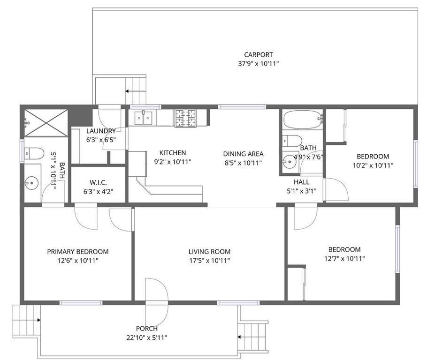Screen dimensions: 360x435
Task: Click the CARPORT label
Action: click(x=258, y=55)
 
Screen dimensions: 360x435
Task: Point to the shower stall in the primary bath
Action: click(x=46, y=123)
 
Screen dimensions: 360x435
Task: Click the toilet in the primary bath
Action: click(x=34, y=153)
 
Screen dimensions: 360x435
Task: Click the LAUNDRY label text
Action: click(x=100, y=131)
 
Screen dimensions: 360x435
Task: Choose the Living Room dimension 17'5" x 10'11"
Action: click(x=209, y=261)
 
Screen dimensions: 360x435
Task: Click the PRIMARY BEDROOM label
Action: click(x=78, y=252)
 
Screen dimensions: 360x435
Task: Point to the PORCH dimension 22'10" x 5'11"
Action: click(x=147, y=337)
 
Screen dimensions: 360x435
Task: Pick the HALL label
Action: click(x=302, y=182)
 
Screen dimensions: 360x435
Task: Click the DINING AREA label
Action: click(x=243, y=154)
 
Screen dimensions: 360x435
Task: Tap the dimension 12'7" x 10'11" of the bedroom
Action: click(x=344, y=258)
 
